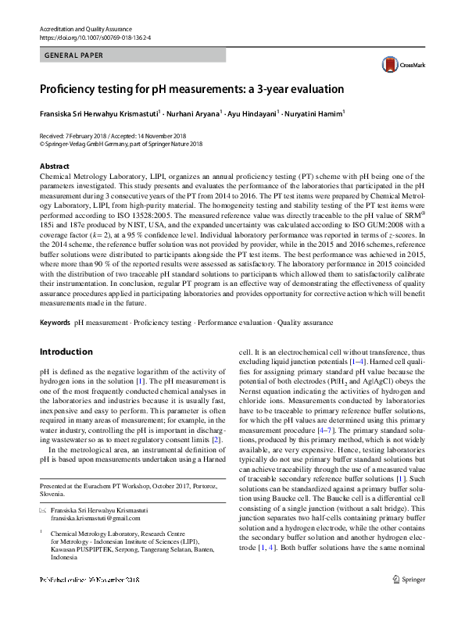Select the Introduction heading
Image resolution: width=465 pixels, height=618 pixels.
click(66, 352)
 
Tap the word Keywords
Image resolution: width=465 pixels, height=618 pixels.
click(55, 323)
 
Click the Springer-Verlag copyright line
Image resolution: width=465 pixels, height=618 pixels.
click(120, 144)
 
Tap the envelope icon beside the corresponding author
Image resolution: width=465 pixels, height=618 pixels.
click(42, 509)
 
